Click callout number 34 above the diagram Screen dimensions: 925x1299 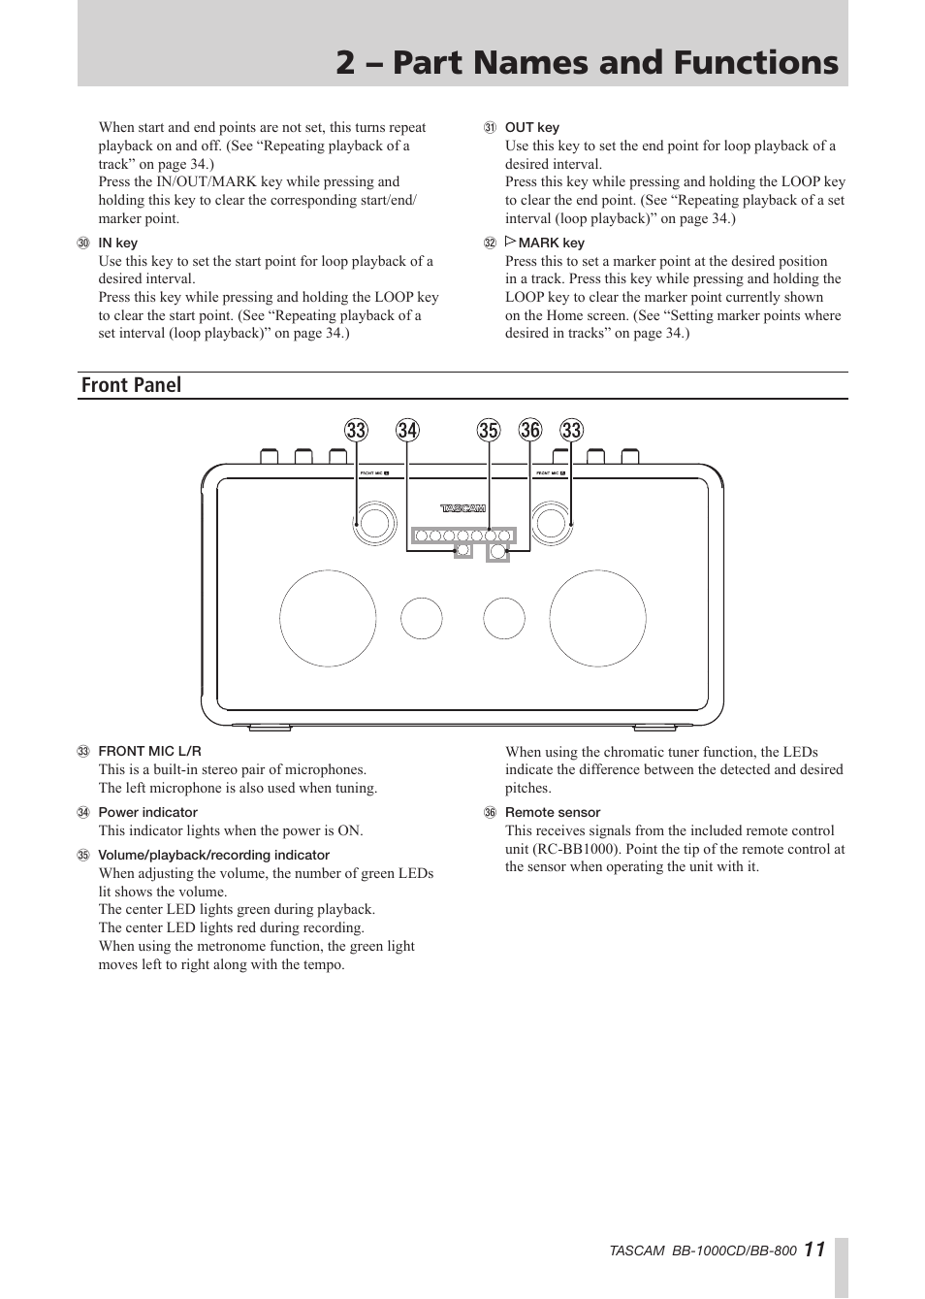coord(407,431)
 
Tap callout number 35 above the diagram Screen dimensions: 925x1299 coord(489,431)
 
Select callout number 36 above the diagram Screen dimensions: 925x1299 coord(530,431)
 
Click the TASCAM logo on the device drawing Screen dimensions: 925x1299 coord(463,508)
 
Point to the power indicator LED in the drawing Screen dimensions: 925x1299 coord(463,550)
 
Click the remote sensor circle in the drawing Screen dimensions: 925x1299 coord(497,552)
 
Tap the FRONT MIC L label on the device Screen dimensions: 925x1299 coord(375,473)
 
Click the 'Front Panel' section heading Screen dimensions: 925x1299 coord(131,385)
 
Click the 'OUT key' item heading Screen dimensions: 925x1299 coord(532,128)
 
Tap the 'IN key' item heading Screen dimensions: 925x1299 coord(117,243)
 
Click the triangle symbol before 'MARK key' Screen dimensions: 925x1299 coord(510,241)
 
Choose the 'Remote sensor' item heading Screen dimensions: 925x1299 coord(553,812)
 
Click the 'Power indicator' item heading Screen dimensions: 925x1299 coord(147,812)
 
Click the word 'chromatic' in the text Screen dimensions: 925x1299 coord(632,752)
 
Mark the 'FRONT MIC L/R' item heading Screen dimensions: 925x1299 coord(149,751)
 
